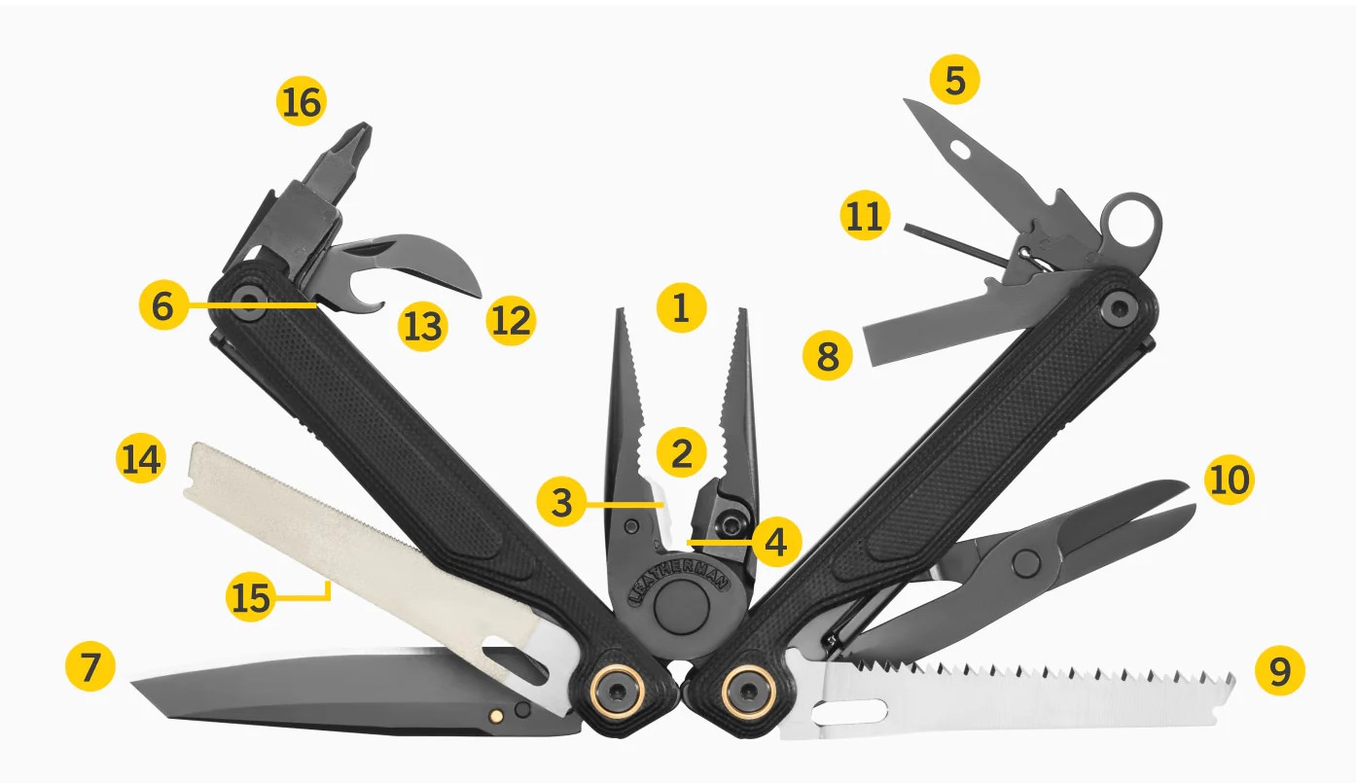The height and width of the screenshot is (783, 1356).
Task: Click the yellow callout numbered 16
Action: pyautogui.click(x=301, y=101)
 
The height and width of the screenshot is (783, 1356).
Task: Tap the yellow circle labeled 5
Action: pyautogui.click(x=954, y=79)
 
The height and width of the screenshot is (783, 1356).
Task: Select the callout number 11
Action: pyautogui.click(x=865, y=215)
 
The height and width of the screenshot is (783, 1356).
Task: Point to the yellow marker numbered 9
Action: pyautogui.click(x=1280, y=670)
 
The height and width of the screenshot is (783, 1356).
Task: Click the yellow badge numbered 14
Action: pyautogui.click(x=140, y=458)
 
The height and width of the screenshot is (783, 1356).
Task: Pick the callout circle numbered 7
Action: pyautogui.click(x=90, y=667)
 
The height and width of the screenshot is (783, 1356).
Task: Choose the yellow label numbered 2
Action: pyautogui.click(x=681, y=452)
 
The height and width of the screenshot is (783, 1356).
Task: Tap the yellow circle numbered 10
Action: pyautogui.click(x=1230, y=480)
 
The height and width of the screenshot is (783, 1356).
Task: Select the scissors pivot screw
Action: pyautogui.click(x=1026, y=563)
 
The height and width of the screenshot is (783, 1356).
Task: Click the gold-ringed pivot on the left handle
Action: pyautogui.click(x=618, y=691)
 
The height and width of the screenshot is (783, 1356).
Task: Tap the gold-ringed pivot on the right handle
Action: pyautogui.click(x=748, y=691)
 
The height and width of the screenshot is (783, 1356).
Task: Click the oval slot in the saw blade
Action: pyautogui.click(x=849, y=712)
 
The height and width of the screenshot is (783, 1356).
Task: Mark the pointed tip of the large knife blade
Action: pyautogui.click(x=133, y=685)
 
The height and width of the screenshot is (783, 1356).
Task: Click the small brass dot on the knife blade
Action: pyautogui.click(x=496, y=716)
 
